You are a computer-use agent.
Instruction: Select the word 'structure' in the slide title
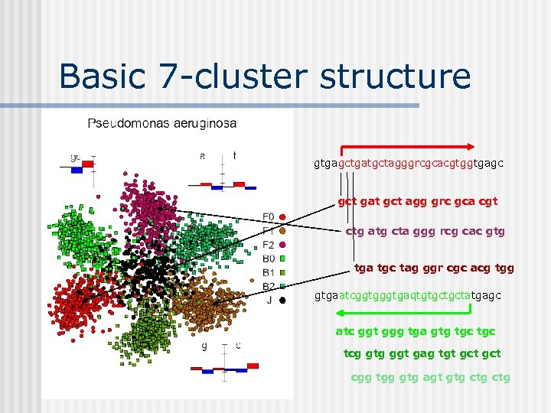click(396, 77)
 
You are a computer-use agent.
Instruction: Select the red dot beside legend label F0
click(282, 216)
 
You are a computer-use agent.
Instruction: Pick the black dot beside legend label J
click(282, 301)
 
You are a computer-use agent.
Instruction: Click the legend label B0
click(269, 259)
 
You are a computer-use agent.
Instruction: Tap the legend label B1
click(269, 272)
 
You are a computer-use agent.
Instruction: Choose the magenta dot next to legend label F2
click(282, 245)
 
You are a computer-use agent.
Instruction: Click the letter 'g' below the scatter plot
click(204, 345)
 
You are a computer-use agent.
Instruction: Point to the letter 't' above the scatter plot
click(234, 156)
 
